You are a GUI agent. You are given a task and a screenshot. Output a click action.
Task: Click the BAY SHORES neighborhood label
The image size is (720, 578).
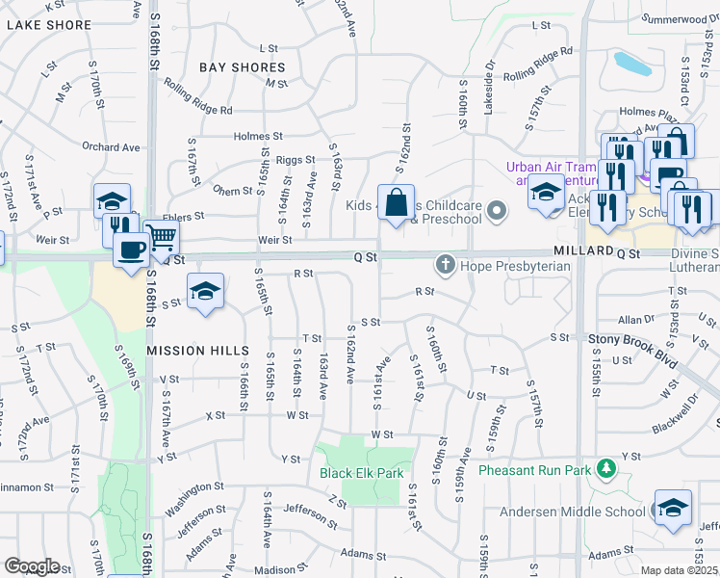coord(243,67)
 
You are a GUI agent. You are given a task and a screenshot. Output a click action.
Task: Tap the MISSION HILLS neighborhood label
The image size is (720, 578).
coord(197,351)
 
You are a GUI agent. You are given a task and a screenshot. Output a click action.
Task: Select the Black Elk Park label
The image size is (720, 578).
coord(361,474)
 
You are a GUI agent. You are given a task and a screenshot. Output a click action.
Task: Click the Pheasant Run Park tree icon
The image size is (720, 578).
coord(606,469)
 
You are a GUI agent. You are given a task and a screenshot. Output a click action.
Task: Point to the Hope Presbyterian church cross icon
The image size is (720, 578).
coord(446,263)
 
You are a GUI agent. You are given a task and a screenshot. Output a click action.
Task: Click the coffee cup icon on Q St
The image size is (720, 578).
coord(131,250)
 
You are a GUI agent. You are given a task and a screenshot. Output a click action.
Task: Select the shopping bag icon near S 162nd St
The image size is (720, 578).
coord(396,203)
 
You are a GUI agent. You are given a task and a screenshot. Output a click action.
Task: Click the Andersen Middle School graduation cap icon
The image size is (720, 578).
coord(672,508)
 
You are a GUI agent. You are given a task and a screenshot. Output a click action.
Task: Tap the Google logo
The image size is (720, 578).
coord(32,566)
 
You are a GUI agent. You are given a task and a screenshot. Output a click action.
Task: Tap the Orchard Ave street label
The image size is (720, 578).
coord(111,147)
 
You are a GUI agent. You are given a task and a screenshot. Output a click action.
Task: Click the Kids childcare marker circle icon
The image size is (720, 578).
coord(497,210)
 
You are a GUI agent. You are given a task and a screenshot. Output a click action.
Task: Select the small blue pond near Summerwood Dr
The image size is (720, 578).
coord(632,65)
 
